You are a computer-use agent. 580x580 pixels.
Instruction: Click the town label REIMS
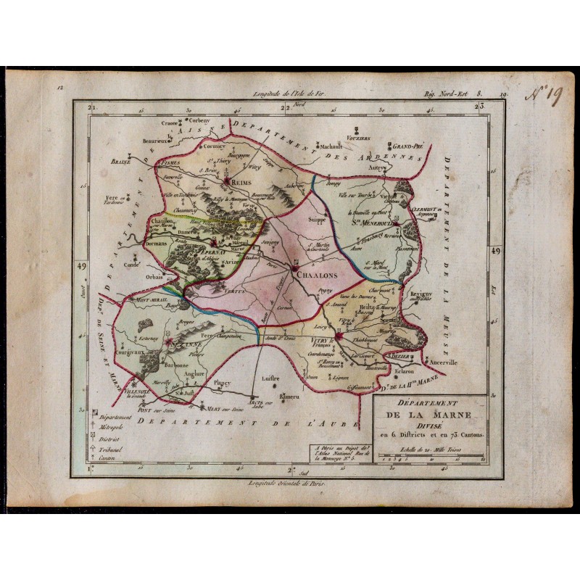[x=241, y=184]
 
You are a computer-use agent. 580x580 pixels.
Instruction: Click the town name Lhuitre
[x=271, y=378]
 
